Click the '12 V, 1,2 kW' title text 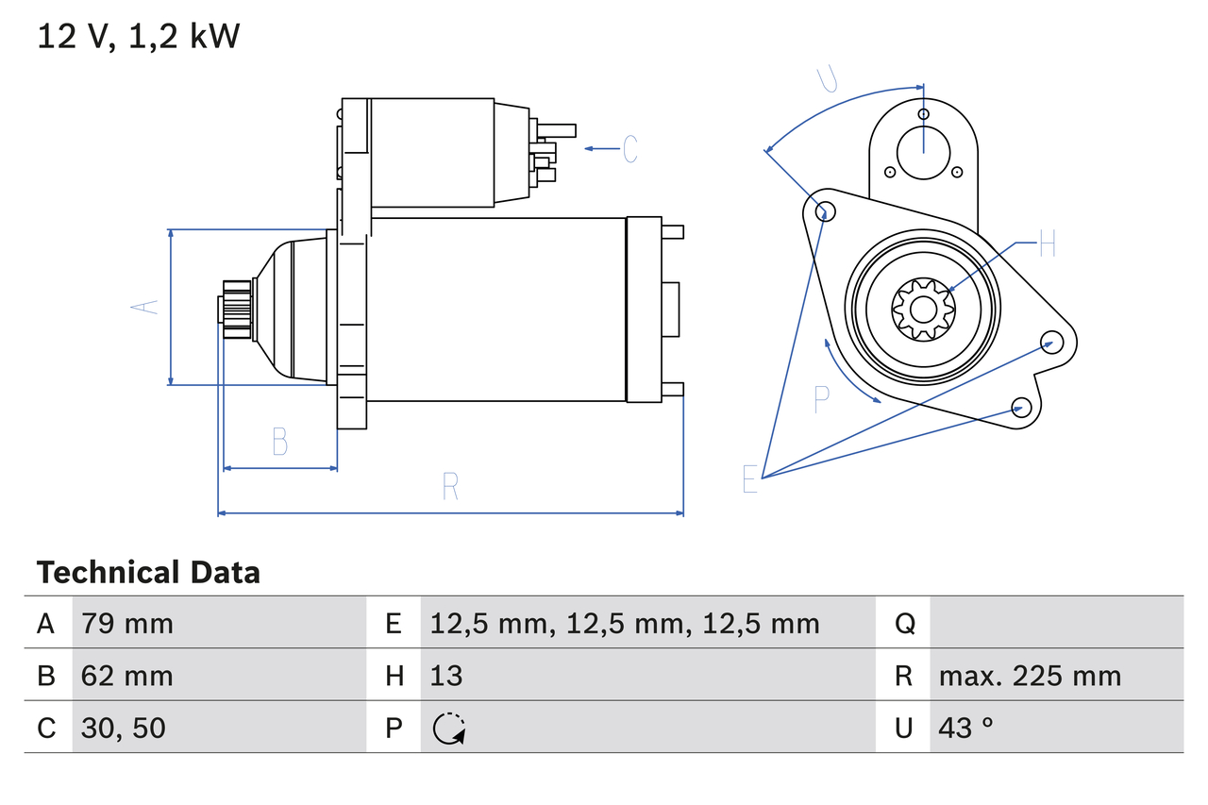pyautogui.click(x=139, y=37)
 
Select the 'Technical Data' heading pyautogui.click(x=148, y=573)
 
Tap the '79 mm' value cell pyautogui.click(x=127, y=623)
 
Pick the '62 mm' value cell pyautogui.click(x=127, y=676)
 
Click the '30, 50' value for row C pyautogui.click(x=124, y=728)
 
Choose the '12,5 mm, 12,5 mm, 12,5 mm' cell pyautogui.click(x=625, y=623)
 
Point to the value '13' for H pyautogui.click(x=446, y=676)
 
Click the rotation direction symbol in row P pyautogui.click(x=449, y=729)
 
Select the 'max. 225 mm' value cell pyautogui.click(x=1030, y=676)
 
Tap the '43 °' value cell pyautogui.click(x=966, y=728)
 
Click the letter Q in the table pyautogui.click(x=904, y=623)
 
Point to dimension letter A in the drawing pyautogui.click(x=144, y=307)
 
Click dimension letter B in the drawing pyautogui.click(x=279, y=441)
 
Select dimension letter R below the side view pyautogui.click(x=450, y=487)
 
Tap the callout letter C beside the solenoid pyautogui.click(x=630, y=148)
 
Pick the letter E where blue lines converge pyautogui.click(x=750, y=479)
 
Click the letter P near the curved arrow pyautogui.click(x=821, y=399)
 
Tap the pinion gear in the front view pyautogui.click(x=923, y=308)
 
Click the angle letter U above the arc pyautogui.click(x=827, y=79)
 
